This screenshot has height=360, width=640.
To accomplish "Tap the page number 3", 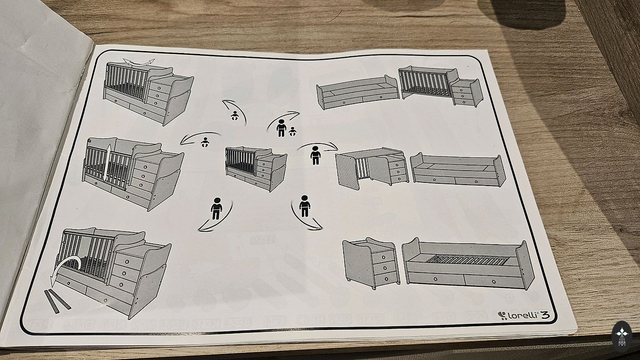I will [x=546, y=315].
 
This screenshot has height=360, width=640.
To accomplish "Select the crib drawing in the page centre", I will [x=256, y=167].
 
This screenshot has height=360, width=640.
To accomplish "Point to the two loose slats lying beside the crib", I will [x=57, y=300].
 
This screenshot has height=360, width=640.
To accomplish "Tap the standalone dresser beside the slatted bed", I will [x=370, y=262].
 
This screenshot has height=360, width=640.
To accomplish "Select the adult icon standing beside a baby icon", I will [x=281, y=128].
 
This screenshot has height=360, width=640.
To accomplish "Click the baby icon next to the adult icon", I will [x=293, y=131].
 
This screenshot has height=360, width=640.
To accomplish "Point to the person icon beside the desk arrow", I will [x=316, y=156].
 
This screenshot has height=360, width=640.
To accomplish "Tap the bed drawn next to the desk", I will [x=458, y=169].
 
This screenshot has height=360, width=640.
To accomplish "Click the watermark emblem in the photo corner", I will [x=622, y=335].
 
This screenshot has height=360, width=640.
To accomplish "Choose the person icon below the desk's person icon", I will [x=305, y=206].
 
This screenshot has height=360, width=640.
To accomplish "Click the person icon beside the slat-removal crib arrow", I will [x=216, y=209].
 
